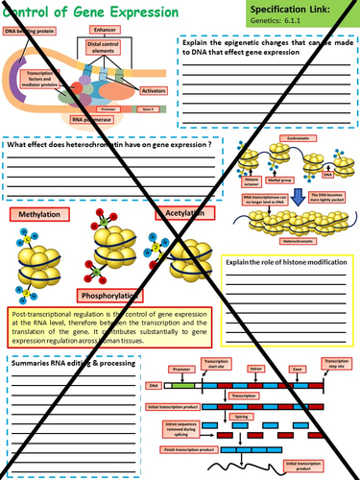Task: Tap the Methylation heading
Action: click(x=41, y=216)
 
